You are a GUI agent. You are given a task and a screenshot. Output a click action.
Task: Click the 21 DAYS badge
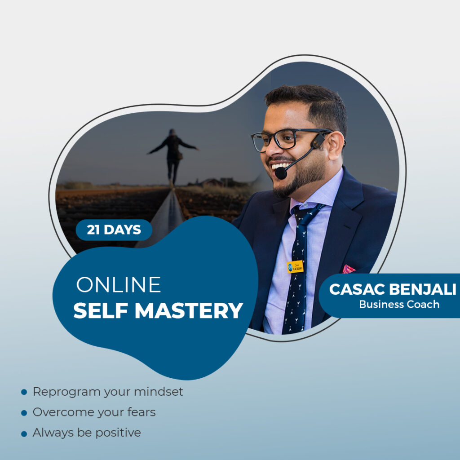(114, 230)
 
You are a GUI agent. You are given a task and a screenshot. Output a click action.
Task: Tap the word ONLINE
(118, 285)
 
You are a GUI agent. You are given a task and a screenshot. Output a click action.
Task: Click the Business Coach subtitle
(399, 304)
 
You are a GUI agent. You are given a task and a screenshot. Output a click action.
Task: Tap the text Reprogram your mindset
(108, 392)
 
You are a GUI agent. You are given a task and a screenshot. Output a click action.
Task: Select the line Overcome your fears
(94, 412)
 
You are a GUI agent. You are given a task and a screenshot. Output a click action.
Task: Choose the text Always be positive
(87, 433)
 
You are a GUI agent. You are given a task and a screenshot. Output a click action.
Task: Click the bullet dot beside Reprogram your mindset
(24, 392)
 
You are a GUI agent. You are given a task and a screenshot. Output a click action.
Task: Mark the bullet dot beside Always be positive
(24, 433)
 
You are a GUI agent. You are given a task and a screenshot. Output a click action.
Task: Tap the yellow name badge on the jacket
(295, 266)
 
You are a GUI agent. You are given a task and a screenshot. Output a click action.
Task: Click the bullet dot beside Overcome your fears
(24, 413)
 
